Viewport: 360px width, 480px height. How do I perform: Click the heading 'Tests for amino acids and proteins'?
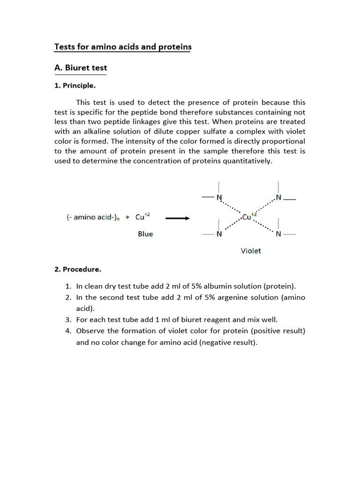[123, 47]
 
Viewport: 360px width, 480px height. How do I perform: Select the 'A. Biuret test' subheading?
[81, 68]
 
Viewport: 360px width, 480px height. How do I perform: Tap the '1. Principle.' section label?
[75, 86]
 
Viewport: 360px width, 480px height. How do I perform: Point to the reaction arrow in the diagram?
[177, 218]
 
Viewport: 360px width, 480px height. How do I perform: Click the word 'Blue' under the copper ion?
[145, 234]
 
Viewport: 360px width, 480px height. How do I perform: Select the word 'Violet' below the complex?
[251, 251]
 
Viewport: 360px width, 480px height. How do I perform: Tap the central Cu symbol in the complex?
[247, 217]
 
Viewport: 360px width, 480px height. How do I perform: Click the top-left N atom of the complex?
[218, 198]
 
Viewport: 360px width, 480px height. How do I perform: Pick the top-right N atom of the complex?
[278, 198]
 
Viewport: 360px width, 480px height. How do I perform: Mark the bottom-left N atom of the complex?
[218, 234]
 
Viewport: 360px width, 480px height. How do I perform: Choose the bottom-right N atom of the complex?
[278, 234]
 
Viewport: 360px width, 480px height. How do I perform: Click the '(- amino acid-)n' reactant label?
[92, 217]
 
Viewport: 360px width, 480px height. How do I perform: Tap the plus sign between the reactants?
[127, 217]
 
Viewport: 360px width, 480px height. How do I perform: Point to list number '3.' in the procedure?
[68, 320]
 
